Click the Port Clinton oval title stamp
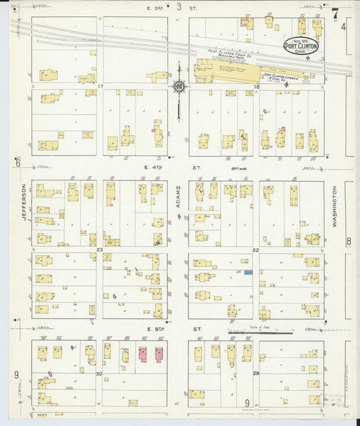(x=301, y=48)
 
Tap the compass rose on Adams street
(x=179, y=86)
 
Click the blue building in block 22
(x=249, y=272)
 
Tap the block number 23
(x=99, y=250)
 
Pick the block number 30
(x=99, y=373)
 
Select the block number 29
(x=256, y=373)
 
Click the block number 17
(x=99, y=87)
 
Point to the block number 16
(x=257, y=87)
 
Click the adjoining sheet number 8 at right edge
(x=349, y=242)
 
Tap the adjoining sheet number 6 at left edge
(x=17, y=163)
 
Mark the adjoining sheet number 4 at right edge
(x=343, y=27)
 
